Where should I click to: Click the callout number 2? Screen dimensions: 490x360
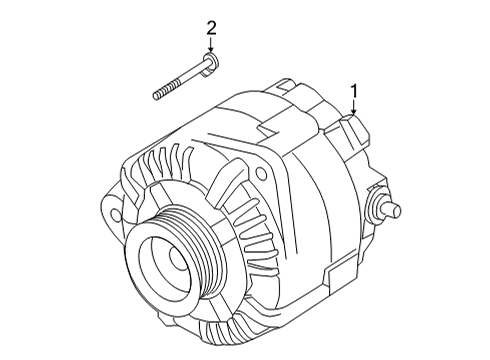point(211,27)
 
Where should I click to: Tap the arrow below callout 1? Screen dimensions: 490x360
point(354,110)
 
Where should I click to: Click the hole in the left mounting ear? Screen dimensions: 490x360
point(115,213)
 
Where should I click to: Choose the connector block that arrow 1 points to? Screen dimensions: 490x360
point(352,131)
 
